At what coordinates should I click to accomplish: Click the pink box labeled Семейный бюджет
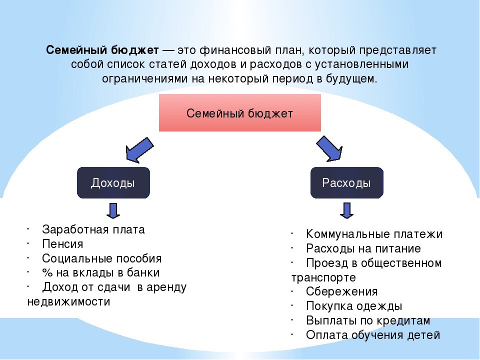pos(239,112)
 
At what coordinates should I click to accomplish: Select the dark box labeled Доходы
pos(113,183)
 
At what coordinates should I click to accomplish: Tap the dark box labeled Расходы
pos(347,183)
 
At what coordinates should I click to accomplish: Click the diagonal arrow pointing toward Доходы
pos(139,149)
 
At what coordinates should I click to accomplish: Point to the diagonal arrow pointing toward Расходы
pos(329,149)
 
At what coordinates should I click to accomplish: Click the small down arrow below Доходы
pos(113,210)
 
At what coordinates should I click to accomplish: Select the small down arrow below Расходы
pos(347,210)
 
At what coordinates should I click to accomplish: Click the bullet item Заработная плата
pos(93,229)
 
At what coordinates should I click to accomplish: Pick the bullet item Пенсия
pos(63,244)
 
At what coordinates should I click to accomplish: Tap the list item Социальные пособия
pos(101,258)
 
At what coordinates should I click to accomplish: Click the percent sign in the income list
pos(47,273)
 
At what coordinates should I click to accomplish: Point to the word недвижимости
pos(68,301)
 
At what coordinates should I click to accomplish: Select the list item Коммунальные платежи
pos(374,234)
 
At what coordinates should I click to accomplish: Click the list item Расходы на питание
pos(363,248)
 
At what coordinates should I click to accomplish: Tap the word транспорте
pos(323,277)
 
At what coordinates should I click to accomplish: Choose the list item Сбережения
pos(341,291)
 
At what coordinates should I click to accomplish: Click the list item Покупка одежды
pos(354,306)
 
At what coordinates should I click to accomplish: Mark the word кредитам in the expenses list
pos(403,320)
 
